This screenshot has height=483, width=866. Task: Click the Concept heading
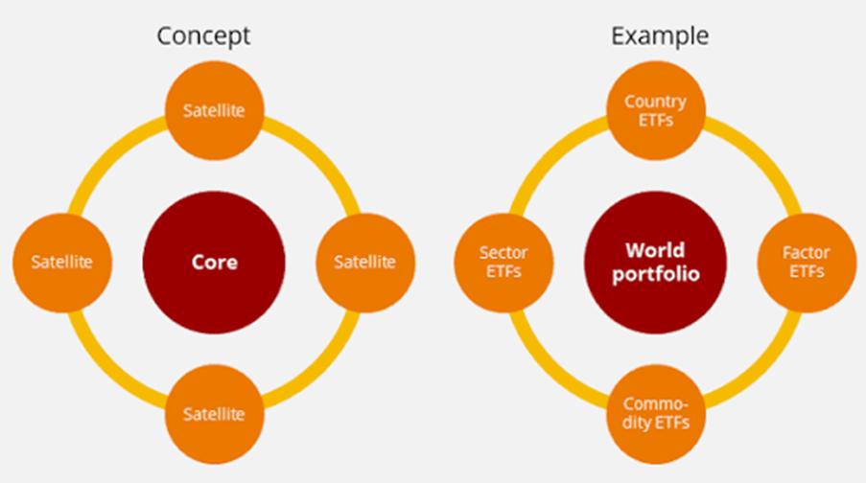(x=203, y=36)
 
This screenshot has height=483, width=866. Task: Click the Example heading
(x=660, y=36)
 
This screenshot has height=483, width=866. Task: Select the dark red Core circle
(x=214, y=263)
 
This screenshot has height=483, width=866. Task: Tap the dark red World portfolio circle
(x=656, y=263)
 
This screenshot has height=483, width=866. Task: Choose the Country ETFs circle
(x=656, y=110)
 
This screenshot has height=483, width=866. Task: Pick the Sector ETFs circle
(x=503, y=263)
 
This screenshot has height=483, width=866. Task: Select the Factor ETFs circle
(x=807, y=263)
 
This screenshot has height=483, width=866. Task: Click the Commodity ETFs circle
(x=656, y=414)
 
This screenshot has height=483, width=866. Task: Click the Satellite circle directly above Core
(x=214, y=110)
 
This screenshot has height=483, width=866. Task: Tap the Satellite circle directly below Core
(x=214, y=414)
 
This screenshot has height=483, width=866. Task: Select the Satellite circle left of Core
(x=62, y=263)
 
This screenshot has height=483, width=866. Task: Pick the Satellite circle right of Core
(x=365, y=263)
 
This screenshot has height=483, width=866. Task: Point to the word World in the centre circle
(x=655, y=250)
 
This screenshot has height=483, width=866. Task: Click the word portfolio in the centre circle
(x=656, y=274)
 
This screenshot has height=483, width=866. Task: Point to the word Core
(x=214, y=263)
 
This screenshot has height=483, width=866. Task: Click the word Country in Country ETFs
(x=656, y=103)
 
